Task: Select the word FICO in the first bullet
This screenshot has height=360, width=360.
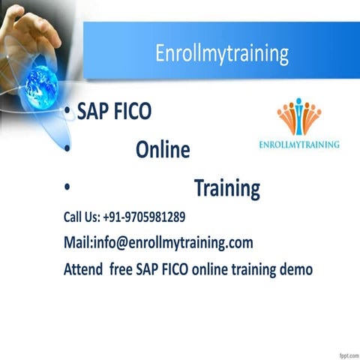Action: coord(133,112)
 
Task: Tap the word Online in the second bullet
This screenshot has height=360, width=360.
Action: coord(163,151)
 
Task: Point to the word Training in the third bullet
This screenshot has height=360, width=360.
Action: coord(227,188)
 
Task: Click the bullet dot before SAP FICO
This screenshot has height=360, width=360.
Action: coord(68,112)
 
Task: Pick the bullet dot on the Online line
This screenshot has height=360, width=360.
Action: coord(68,151)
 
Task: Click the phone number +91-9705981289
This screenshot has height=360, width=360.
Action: coord(144,217)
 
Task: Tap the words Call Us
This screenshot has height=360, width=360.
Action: coord(80,217)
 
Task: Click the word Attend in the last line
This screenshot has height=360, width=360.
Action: coord(82,268)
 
